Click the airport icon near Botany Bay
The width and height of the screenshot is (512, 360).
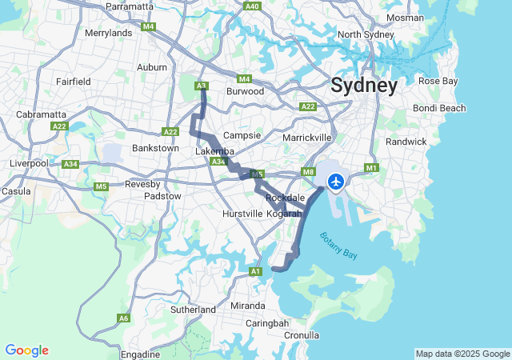(x=335, y=182)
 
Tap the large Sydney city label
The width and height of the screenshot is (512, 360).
(x=363, y=86)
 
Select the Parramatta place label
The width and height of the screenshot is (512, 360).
(x=129, y=6)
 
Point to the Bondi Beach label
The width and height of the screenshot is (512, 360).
(x=439, y=108)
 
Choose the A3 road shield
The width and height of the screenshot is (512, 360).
(x=202, y=86)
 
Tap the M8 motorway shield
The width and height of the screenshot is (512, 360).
(x=309, y=172)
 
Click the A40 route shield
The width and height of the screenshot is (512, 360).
(x=253, y=6)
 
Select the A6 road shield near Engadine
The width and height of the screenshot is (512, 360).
(x=123, y=318)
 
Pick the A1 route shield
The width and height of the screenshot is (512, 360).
(x=256, y=272)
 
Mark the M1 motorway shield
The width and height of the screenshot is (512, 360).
(x=370, y=168)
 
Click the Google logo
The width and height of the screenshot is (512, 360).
(x=26, y=350)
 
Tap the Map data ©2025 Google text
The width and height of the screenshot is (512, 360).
(x=462, y=354)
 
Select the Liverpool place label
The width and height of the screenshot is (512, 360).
(x=29, y=163)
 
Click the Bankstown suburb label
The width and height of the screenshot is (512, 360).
(x=155, y=148)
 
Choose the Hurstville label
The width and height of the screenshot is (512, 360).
(x=242, y=214)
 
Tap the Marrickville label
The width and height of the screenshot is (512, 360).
(x=307, y=138)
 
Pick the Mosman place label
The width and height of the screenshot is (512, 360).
(x=405, y=17)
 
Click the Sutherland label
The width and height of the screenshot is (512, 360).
(x=193, y=309)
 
